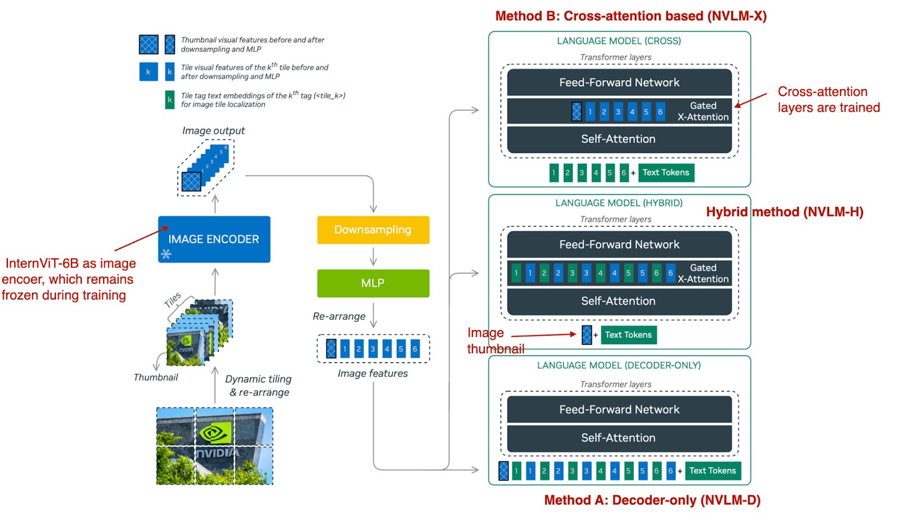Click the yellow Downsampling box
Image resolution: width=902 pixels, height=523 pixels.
(x=373, y=230)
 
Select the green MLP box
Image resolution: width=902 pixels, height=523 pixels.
(x=373, y=283)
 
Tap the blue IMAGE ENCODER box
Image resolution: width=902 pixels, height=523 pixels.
(x=214, y=239)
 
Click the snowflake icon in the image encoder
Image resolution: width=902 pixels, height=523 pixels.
(x=166, y=254)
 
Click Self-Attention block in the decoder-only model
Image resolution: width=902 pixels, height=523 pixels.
(x=618, y=438)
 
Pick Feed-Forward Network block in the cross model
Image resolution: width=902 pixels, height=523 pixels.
(x=619, y=82)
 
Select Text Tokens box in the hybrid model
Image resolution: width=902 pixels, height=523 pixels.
(x=628, y=335)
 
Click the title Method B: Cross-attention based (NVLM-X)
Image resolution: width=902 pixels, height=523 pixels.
(x=630, y=16)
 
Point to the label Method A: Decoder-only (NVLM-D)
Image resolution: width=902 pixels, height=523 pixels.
(x=652, y=500)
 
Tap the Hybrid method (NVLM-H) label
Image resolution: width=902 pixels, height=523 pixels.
(x=784, y=212)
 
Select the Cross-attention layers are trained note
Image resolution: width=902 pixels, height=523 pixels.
(x=828, y=99)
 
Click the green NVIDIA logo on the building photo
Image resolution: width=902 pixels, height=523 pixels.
(x=215, y=433)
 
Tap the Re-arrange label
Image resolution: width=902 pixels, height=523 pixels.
(x=339, y=317)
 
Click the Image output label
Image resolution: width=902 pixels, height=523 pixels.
(x=213, y=130)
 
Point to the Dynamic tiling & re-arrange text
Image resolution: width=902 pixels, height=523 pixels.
(x=259, y=385)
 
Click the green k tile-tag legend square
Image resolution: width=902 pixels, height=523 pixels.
(x=169, y=100)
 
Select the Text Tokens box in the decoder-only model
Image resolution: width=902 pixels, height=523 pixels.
(x=713, y=471)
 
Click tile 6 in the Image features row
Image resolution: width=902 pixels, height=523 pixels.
(x=415, y=349)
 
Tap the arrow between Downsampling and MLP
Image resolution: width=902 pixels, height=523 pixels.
(x=373, y=257)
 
